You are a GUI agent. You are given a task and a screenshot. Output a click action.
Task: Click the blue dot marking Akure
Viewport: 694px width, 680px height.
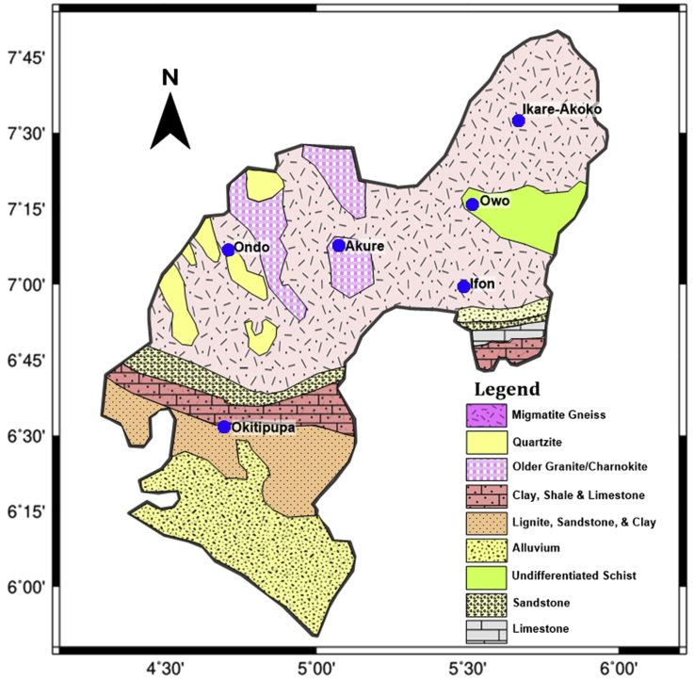point(339,246)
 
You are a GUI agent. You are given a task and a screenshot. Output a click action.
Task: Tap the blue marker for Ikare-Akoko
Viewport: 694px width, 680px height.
point(518,121)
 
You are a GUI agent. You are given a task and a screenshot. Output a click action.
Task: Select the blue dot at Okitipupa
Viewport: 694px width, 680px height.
point(224,427)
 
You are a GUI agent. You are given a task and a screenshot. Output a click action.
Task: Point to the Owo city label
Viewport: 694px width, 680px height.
point(494,202)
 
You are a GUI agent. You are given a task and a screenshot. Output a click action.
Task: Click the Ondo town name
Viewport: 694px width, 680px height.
point(252,248)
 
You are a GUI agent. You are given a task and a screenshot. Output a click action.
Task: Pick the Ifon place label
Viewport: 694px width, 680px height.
point(483,284)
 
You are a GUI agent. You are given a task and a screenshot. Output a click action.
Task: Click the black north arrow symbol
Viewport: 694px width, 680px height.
point(170,120)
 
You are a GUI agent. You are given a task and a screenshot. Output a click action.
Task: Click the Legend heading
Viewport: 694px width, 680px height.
point(507,389)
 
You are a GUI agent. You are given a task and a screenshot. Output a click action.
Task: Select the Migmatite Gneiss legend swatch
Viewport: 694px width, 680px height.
point(485,414)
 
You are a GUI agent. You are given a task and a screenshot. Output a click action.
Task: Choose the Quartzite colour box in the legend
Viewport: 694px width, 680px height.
point(485,441)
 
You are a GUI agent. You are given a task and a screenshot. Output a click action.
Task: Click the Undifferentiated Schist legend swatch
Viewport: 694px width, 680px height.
point(485,575)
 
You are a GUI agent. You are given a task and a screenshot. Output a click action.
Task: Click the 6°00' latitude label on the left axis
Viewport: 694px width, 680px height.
point(24,587)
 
